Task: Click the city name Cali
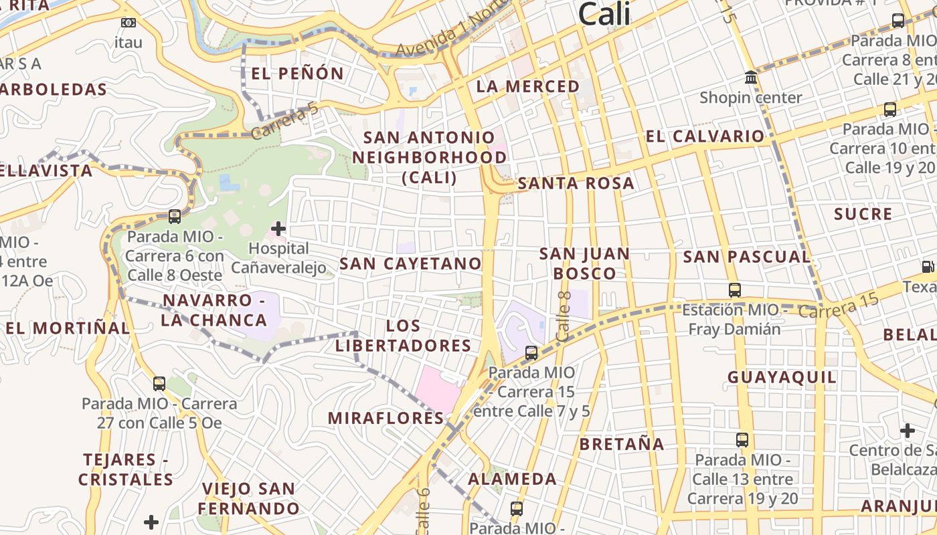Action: click(604, 13)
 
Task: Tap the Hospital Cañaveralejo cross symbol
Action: click(278, 229)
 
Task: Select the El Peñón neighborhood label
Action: click(297, 73)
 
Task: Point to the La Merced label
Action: click(527, 86)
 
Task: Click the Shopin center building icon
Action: click(751, 78)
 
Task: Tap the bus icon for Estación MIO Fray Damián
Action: click(735, 290)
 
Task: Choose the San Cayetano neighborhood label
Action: click(410, 263)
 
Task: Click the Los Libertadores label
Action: click(404, 336)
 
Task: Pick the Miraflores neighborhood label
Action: click(386, 418)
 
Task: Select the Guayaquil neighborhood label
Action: click(782, 377)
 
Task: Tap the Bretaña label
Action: click(622, 444)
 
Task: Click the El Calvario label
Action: click(704, 136)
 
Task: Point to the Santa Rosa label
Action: click(576, 183)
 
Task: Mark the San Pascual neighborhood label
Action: click(746, 257)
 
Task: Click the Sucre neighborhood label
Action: click(863, 215)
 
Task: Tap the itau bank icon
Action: click(128, 23)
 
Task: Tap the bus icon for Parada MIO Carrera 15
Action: click(531, 352)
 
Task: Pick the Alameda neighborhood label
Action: click(512, 479)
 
